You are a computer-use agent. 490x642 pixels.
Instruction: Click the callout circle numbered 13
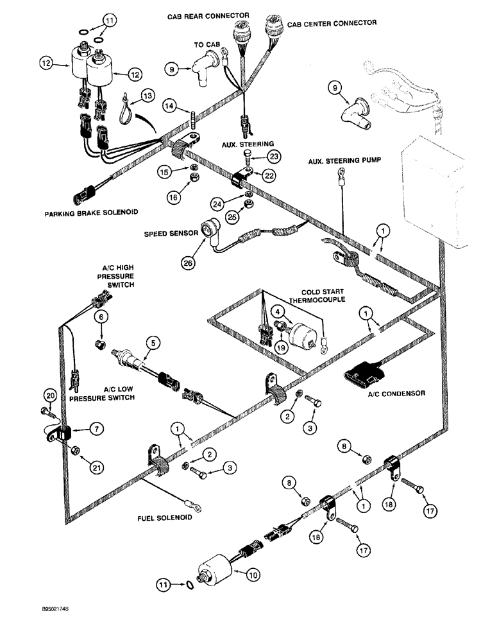coord(149,96)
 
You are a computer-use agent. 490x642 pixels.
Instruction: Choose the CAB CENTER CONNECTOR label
coord(332,22)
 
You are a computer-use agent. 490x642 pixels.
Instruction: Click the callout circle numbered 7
coord(94,427)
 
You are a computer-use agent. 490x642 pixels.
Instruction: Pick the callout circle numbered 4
coord(278,311)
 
